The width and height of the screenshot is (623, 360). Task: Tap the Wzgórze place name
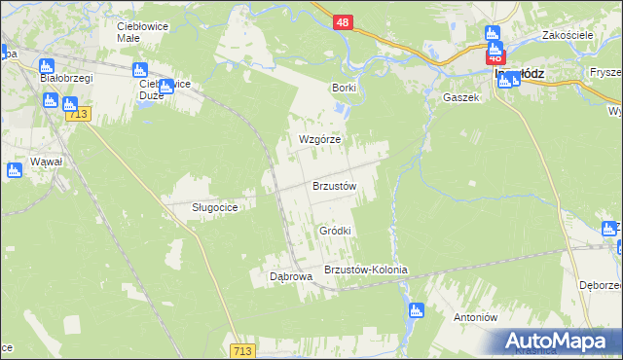point(319,139)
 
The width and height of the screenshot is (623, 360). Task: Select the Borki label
point(344,88)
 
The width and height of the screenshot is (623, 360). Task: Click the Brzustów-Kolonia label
point(365,270)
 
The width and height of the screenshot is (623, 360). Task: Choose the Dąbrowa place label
point(290,276)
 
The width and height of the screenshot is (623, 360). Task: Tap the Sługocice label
point(202,207)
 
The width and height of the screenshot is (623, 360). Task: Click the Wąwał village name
point(46,161)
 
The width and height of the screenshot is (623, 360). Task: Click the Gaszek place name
point(461,97)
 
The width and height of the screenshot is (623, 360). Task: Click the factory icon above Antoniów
point(418,311)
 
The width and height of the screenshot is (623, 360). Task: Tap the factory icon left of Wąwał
point(14,170)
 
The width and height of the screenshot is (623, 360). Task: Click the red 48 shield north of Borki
point(342,20)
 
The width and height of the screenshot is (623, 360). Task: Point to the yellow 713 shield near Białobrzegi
point(79,115)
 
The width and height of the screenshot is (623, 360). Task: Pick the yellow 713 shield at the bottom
point(244,349)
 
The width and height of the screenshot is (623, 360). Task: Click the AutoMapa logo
point(559,341)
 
